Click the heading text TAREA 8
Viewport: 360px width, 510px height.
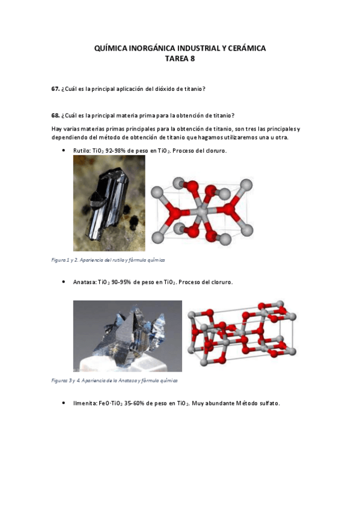pyautogui.click(x=180, y=59)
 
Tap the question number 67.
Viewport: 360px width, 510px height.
pyautogui.click(x=55, y=89)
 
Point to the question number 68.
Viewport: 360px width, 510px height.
pyautogui.click(x=55, y=115)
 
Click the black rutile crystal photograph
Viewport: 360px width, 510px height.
pyautogui.click(x=109, y=203)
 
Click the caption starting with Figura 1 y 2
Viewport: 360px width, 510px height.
pyautogui.click(x=109, y=260)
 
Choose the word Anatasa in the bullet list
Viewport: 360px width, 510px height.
pyautogui.click(x=84, y=281)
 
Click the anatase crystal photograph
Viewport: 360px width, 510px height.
pyautogui.click(x=127, y=336)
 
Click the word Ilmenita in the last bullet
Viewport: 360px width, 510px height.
pyautogui.click(x=85, y=403)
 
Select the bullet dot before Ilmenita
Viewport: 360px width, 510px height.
pyautogui.click(x=64, y=403)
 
